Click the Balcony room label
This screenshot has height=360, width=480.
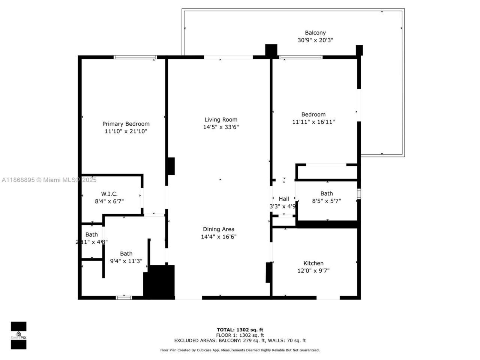coord(315,33)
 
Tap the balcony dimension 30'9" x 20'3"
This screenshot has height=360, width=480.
coord(315,40)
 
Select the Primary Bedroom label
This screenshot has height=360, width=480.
coord(126,124)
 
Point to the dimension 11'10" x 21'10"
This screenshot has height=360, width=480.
coord(126,131)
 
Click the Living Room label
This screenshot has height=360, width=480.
coord(221,120)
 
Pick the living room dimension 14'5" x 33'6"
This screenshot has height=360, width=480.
coord(221,127)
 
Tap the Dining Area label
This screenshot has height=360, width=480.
coord(219,229)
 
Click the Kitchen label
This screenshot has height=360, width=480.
coord(313,263)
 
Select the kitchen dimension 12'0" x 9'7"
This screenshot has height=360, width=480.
coord(313,271)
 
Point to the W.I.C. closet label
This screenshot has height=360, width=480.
coord(109,194)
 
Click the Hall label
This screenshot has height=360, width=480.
coord(284,199)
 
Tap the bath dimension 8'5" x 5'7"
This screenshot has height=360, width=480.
coord(326,201)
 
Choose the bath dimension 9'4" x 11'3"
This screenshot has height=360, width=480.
coord(126,261)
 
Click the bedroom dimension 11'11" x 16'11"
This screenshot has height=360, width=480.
coord(313,122)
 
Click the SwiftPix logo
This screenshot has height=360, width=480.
coord(18,335)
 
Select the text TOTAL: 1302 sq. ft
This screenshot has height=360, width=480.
coord(240,330)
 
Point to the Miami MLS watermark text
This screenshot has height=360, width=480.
coord(49,180)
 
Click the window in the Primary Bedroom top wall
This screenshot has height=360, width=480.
coord(135,57)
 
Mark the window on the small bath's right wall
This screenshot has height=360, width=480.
coord(359,194)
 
